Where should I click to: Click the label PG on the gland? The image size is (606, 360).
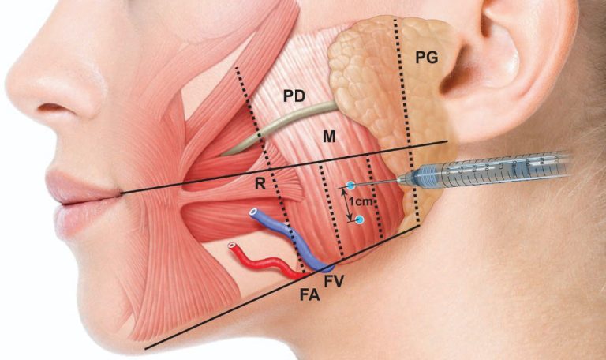pos(427,57)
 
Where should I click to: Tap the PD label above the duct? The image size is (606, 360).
pos(294,96)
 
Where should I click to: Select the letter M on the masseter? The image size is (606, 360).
pos(329,136)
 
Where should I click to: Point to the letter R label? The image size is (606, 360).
pos(260,184)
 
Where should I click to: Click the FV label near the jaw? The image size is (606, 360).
pos(334,281)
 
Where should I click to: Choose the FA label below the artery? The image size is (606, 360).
pos(310,295)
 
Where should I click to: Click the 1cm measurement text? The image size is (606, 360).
pos(360,201)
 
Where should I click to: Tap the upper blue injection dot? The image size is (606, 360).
pos(350,186)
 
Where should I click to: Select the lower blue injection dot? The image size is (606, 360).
pos(360,220)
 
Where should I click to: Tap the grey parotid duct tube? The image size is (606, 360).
pos(279,128)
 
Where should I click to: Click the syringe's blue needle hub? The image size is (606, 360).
pos(419,178)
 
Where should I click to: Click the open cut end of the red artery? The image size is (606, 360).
pos(231,246)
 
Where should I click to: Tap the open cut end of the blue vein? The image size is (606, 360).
pos(253,212)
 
